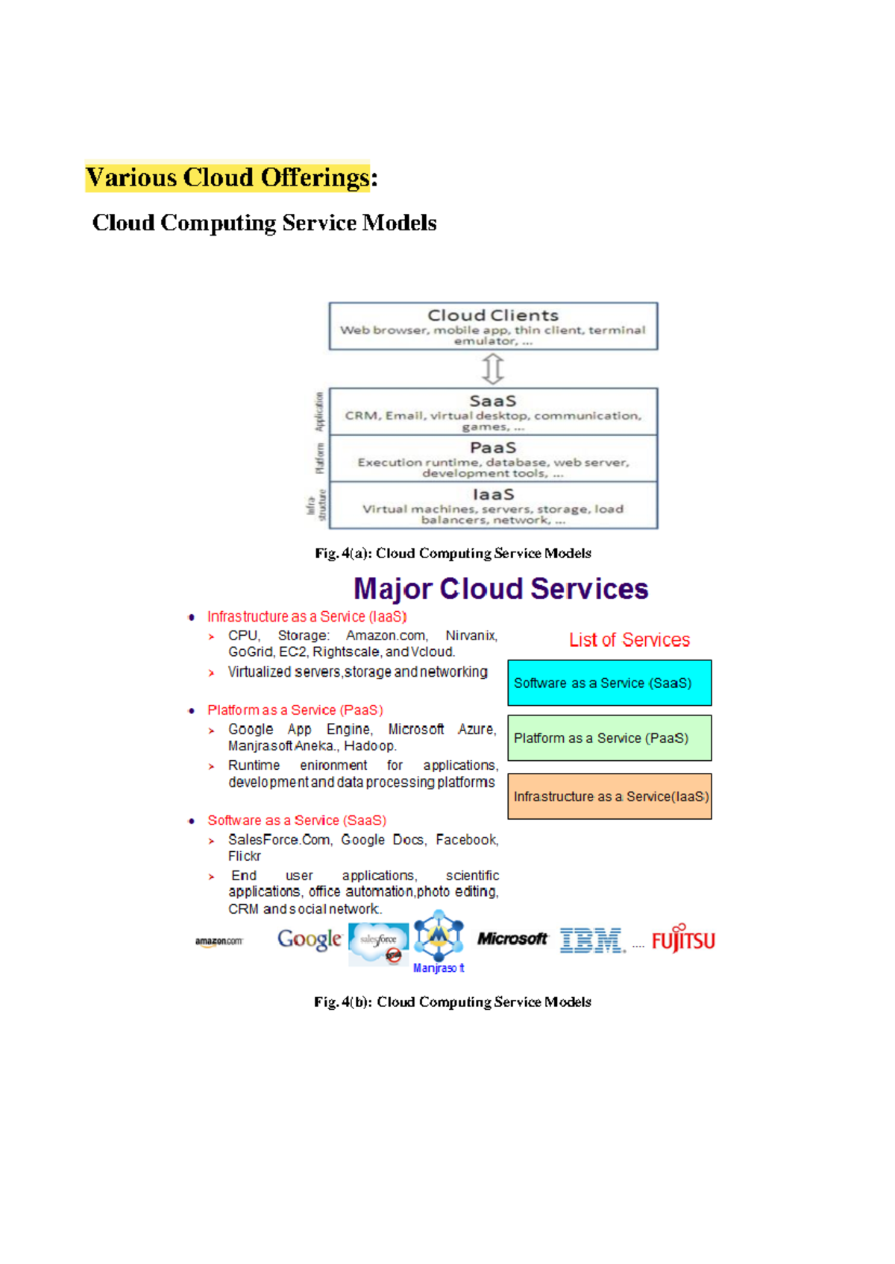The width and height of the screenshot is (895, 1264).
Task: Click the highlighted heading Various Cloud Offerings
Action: (227, 177)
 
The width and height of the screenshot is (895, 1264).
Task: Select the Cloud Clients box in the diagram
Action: (493, 326)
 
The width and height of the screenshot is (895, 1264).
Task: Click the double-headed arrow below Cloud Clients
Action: (493, 368)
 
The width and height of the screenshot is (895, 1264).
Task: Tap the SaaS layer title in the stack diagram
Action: (493, 401)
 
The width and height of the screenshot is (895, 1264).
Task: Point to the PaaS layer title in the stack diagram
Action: (493, 447)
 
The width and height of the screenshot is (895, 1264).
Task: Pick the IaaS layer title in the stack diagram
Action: (493, 494)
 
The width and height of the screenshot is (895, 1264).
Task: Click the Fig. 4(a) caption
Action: (453, 553)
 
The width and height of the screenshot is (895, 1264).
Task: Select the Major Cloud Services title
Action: (500, 589)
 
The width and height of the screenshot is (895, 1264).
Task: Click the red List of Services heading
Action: (629, 640)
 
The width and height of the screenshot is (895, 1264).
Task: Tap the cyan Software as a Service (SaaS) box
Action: (609, 683)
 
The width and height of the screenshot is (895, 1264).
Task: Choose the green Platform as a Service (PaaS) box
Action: (609, 738)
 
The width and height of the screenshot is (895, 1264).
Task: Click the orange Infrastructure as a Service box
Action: (609, 796)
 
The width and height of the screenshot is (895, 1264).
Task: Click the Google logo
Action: (310, 940)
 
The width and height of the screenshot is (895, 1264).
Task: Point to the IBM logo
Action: (592, 941)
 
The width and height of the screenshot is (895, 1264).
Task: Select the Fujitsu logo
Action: (683, 940)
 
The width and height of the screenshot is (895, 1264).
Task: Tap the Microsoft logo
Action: (512, 939)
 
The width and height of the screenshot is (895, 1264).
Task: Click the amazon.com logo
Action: (219, 941)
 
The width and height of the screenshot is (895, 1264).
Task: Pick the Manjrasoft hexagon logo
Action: (439, 936)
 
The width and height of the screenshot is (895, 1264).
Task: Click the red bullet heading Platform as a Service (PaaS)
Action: (295, 710)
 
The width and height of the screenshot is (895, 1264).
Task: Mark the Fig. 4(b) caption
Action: (453, 1002)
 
